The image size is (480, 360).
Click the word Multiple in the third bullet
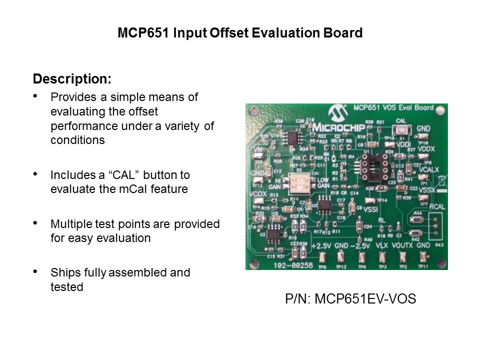point(69,224)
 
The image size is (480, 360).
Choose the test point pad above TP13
point(341,257)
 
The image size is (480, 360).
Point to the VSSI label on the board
point(370,209)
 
